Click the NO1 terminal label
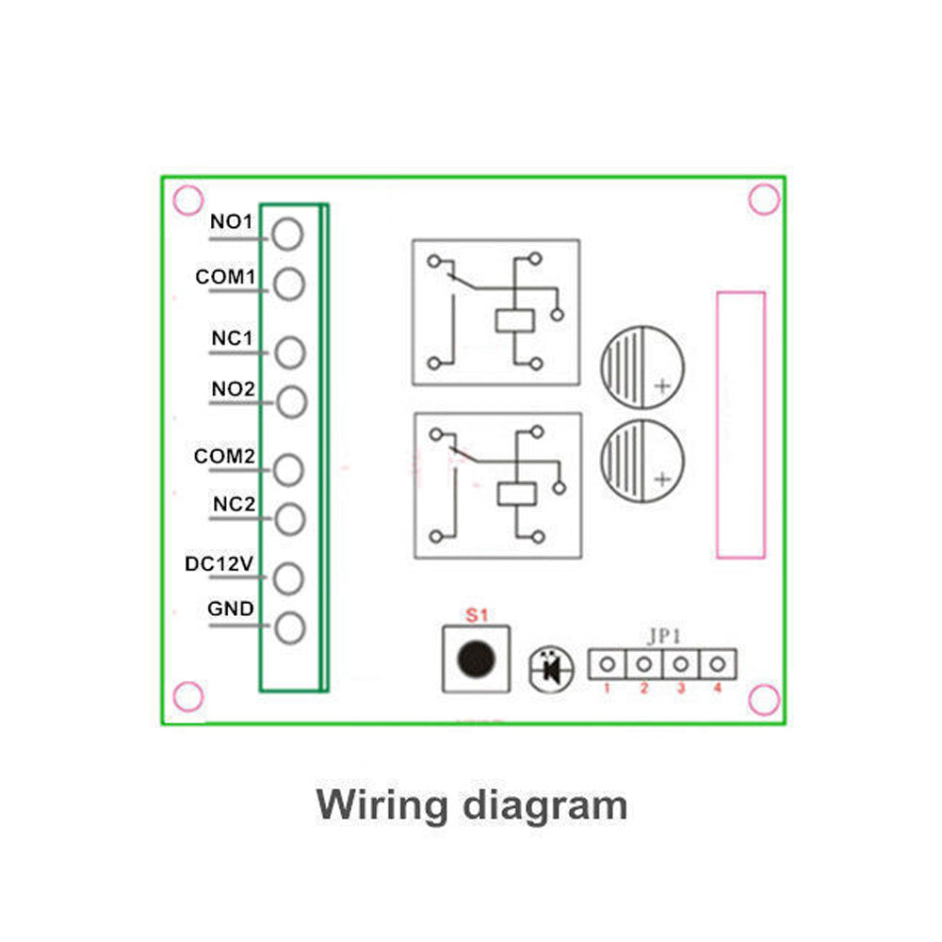(x=231, y=222)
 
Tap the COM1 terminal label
(x=226, y=278)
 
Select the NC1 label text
(x=233, y=337)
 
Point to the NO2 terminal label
(x=233, y=388)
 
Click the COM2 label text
(x=225, y=456)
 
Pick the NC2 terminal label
(x=234, y=504)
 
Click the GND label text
(x=231, y=609)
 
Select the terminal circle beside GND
(x=289, y=626)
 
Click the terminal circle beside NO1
(x=287, y=233)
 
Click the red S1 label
(x=476, y=616)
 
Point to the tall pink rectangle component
(x=740, y=425)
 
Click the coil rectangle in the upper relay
(x=515, y=320)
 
